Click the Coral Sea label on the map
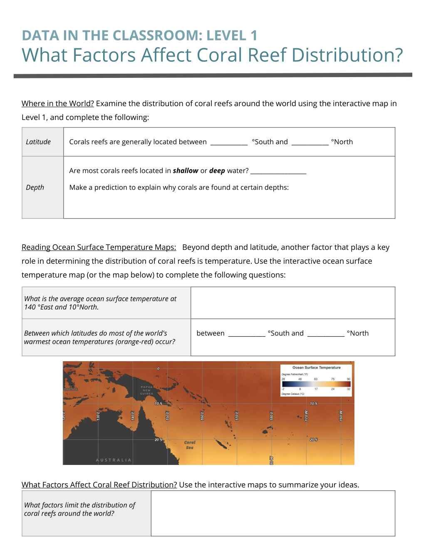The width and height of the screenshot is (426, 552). (190, 445)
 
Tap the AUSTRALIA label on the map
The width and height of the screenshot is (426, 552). (114, 460)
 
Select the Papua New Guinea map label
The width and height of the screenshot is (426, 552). (146, 390)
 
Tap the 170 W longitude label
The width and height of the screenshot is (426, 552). (306, 415)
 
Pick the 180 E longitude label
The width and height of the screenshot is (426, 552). (272, 415)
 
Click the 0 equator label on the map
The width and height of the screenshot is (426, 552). (159, 369)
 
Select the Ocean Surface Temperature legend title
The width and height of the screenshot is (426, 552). (316, 367)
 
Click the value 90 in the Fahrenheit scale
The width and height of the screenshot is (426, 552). (349, 379)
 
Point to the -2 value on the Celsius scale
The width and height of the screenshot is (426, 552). (283, 389)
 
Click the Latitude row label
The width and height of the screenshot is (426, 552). (38, 142)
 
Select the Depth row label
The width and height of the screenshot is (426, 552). (35, 187)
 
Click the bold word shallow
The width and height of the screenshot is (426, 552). (186, 171)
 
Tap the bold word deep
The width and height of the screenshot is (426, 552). (217, 171)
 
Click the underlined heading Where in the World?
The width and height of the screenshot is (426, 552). (58, 104)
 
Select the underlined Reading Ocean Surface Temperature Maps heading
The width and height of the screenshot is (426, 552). (99, 247)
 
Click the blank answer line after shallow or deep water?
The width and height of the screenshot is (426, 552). (278, 171)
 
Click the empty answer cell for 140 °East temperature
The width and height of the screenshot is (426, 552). (292, 303)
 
